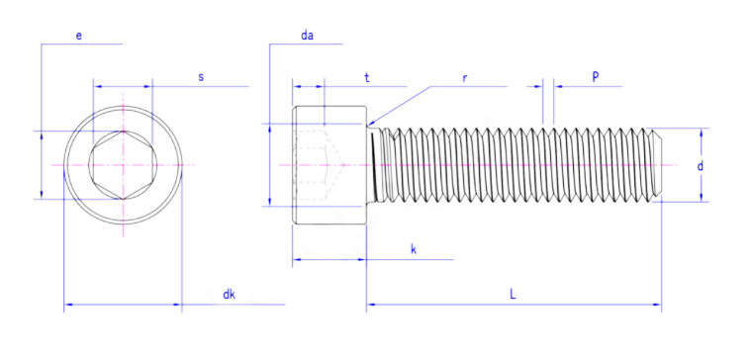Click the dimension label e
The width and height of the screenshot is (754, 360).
tap(79, 36)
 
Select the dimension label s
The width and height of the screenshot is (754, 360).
tap(201, 77)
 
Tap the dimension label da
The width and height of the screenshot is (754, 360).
tap(308, 35)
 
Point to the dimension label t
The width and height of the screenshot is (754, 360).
tap(366, 78)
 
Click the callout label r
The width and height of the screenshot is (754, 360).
tap(464, 78)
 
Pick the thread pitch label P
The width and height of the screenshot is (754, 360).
tap(596, 77)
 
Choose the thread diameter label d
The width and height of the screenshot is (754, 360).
tap(701, 166)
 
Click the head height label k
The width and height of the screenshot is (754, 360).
tap(413, 249)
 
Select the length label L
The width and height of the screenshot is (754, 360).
tap(514, 294)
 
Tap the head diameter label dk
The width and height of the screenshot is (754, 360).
tap(229, 294)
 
